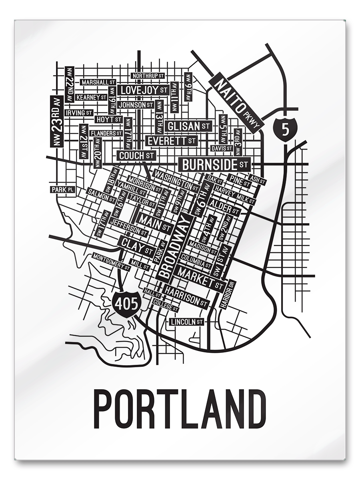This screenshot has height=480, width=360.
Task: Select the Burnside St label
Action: (x=215, y=164)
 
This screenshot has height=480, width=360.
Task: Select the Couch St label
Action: (x=136, y=155)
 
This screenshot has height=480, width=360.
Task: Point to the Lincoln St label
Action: (x=187, y=322)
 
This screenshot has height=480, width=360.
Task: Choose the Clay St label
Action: (x=137, y=247)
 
